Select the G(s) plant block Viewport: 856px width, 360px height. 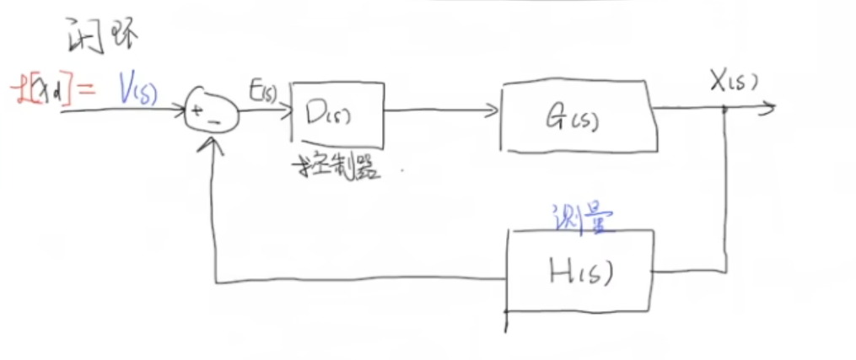pos(577,118)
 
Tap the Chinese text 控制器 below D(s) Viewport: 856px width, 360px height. pos(332,166)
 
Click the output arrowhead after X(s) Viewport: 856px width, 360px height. pos(769,107)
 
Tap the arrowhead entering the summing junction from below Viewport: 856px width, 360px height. pos(216,143)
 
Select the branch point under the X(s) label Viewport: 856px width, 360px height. pos(725,108)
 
